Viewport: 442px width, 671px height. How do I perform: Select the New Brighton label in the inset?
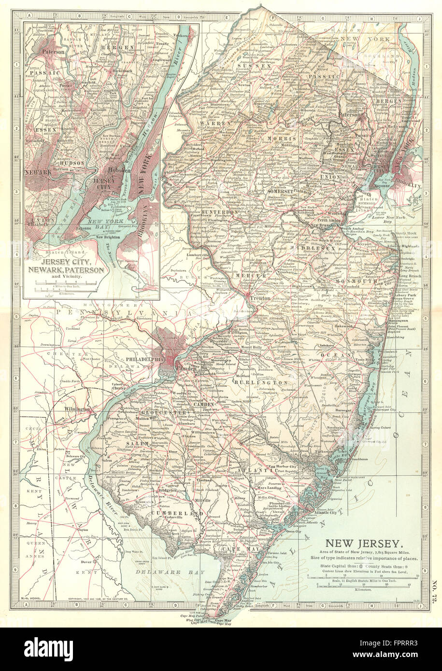[110, 238]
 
